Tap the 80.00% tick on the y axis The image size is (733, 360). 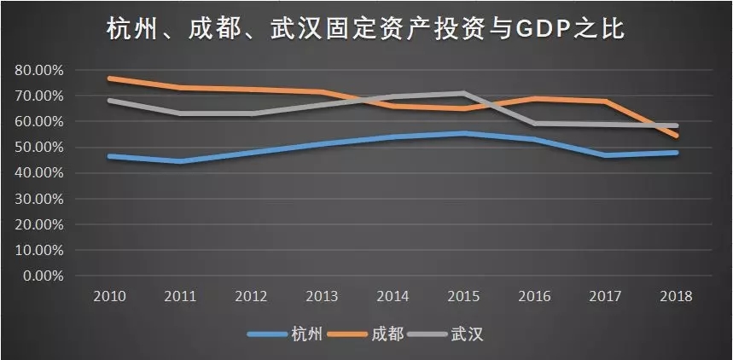38,70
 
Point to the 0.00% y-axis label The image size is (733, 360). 41,276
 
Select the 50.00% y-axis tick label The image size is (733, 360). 38,148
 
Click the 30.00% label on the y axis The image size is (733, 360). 38,199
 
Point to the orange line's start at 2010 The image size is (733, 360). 110,78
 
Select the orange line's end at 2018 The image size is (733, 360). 677,136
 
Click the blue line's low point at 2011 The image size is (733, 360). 181,160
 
